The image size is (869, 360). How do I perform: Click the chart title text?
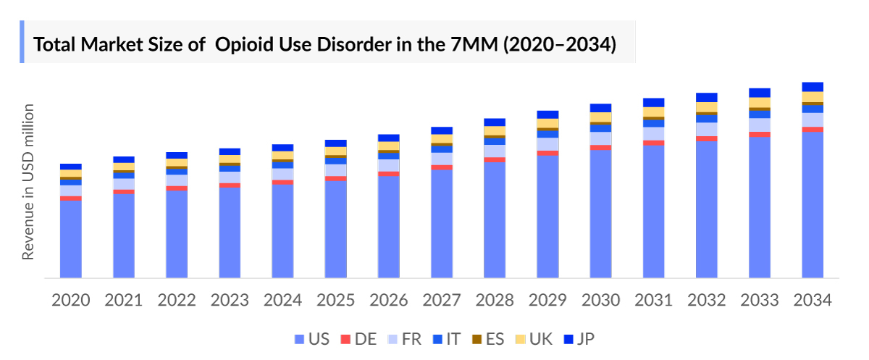tap(325, 45)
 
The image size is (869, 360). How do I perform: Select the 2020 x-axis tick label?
tap(71, 300)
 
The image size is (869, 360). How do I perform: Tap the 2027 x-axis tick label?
tap(442, 300)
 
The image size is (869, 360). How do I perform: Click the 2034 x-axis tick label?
tap(813, 300)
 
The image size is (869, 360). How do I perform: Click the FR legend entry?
tap(406, 339)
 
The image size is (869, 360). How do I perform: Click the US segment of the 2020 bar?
tap(71, 239)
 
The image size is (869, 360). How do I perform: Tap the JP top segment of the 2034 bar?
tap(813, 87)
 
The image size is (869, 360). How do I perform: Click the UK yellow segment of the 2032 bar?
tap(707, 107)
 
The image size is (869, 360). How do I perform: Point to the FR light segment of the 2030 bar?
tap(600, 138)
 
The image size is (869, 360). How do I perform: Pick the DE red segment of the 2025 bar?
tap(336, 178)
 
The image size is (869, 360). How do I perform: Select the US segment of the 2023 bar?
tap(230, 233)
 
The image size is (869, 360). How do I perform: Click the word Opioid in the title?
tap(244, 45)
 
